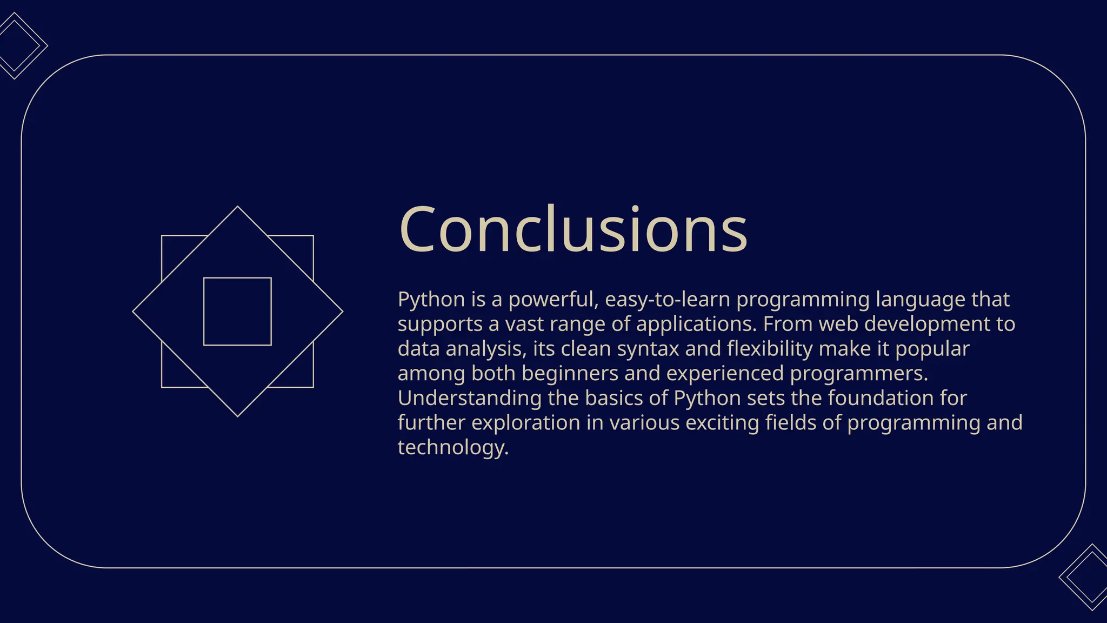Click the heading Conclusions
coord(573,229)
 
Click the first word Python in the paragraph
coord(431,300)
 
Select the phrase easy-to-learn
coord(667,300)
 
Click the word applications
coord(696,324)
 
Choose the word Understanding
coord(469,399)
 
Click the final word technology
coord(453,448)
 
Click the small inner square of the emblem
coord(237,311)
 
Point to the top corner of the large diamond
coord(237,208)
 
